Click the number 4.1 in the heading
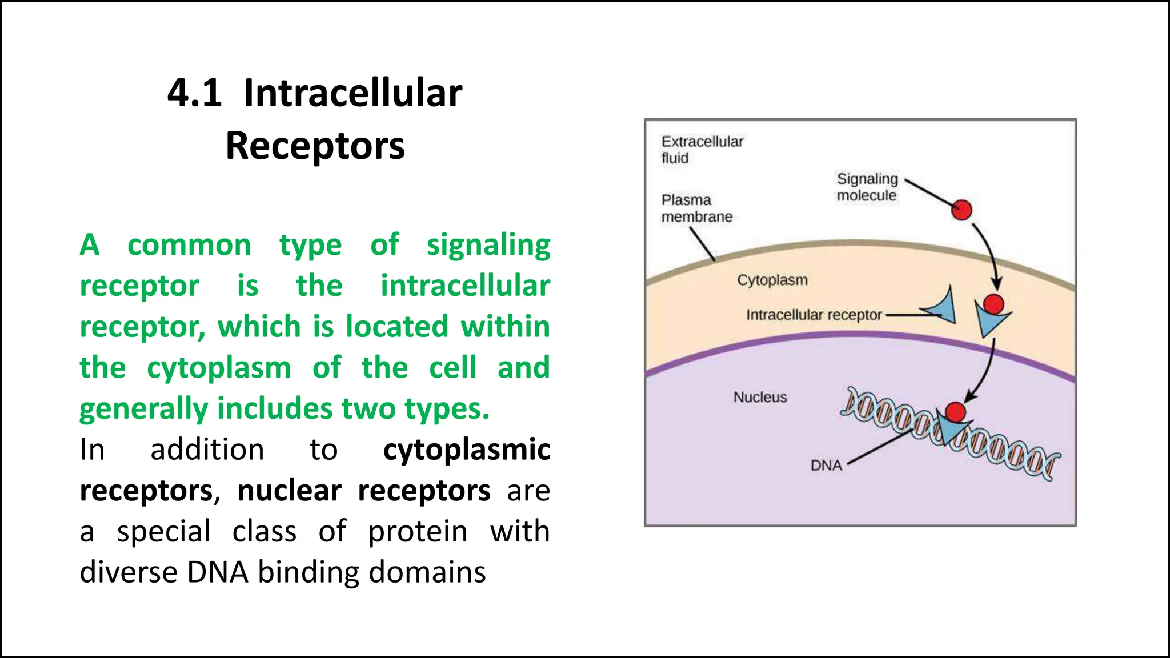[194, 93]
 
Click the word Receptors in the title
[315, 146]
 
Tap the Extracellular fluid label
[702, 150]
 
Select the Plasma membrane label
[696, 208]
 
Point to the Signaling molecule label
[867, 187]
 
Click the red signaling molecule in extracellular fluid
[961, 210]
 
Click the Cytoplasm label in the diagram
[772, 280]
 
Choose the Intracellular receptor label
[814, 315]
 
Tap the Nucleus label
[760, 397]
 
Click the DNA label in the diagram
[826, 466]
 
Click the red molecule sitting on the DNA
[955, 412]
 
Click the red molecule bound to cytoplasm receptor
[994, 304]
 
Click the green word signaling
[488, 246]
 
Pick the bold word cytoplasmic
[467, 450]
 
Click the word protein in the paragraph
[418, 532]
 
